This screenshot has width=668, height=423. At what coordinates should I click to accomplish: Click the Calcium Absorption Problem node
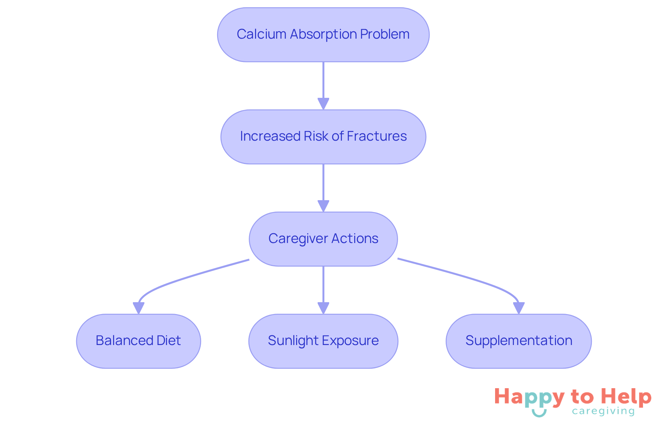[323, 35]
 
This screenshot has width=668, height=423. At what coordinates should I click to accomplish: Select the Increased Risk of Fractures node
[323, 137]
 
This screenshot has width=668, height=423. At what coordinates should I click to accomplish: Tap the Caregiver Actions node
[323, 239]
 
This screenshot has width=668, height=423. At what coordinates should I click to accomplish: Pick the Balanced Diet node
[138, 341]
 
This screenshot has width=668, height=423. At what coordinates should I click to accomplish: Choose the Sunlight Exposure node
[323, 341]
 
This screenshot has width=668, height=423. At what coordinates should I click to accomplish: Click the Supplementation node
[518, 341]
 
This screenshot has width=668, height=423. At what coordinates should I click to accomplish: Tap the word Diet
[169, 340]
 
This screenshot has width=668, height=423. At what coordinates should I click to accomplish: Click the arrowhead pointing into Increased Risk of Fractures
[323, 103]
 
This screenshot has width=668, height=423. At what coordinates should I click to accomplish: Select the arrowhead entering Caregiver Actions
[323, 205]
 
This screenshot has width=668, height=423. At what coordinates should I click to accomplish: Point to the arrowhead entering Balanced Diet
[138, 308]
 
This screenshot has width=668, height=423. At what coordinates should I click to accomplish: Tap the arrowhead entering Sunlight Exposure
[323, 308]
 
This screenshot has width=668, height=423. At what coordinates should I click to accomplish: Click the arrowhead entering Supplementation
[519, 308]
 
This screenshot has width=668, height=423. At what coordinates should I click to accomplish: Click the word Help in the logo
[626, 397]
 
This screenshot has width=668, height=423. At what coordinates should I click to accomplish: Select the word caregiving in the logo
[603, 412]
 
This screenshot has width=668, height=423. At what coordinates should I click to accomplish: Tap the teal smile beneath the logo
[539, 413]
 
